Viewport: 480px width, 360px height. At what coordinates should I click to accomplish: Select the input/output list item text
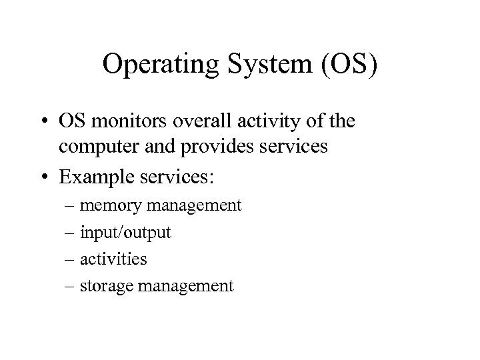[125, 233]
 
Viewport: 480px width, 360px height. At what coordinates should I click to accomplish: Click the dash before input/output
[71, 233]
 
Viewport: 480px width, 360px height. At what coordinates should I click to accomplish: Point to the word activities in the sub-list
[113, 259]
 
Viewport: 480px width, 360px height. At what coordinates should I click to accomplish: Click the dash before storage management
[71, 287]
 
